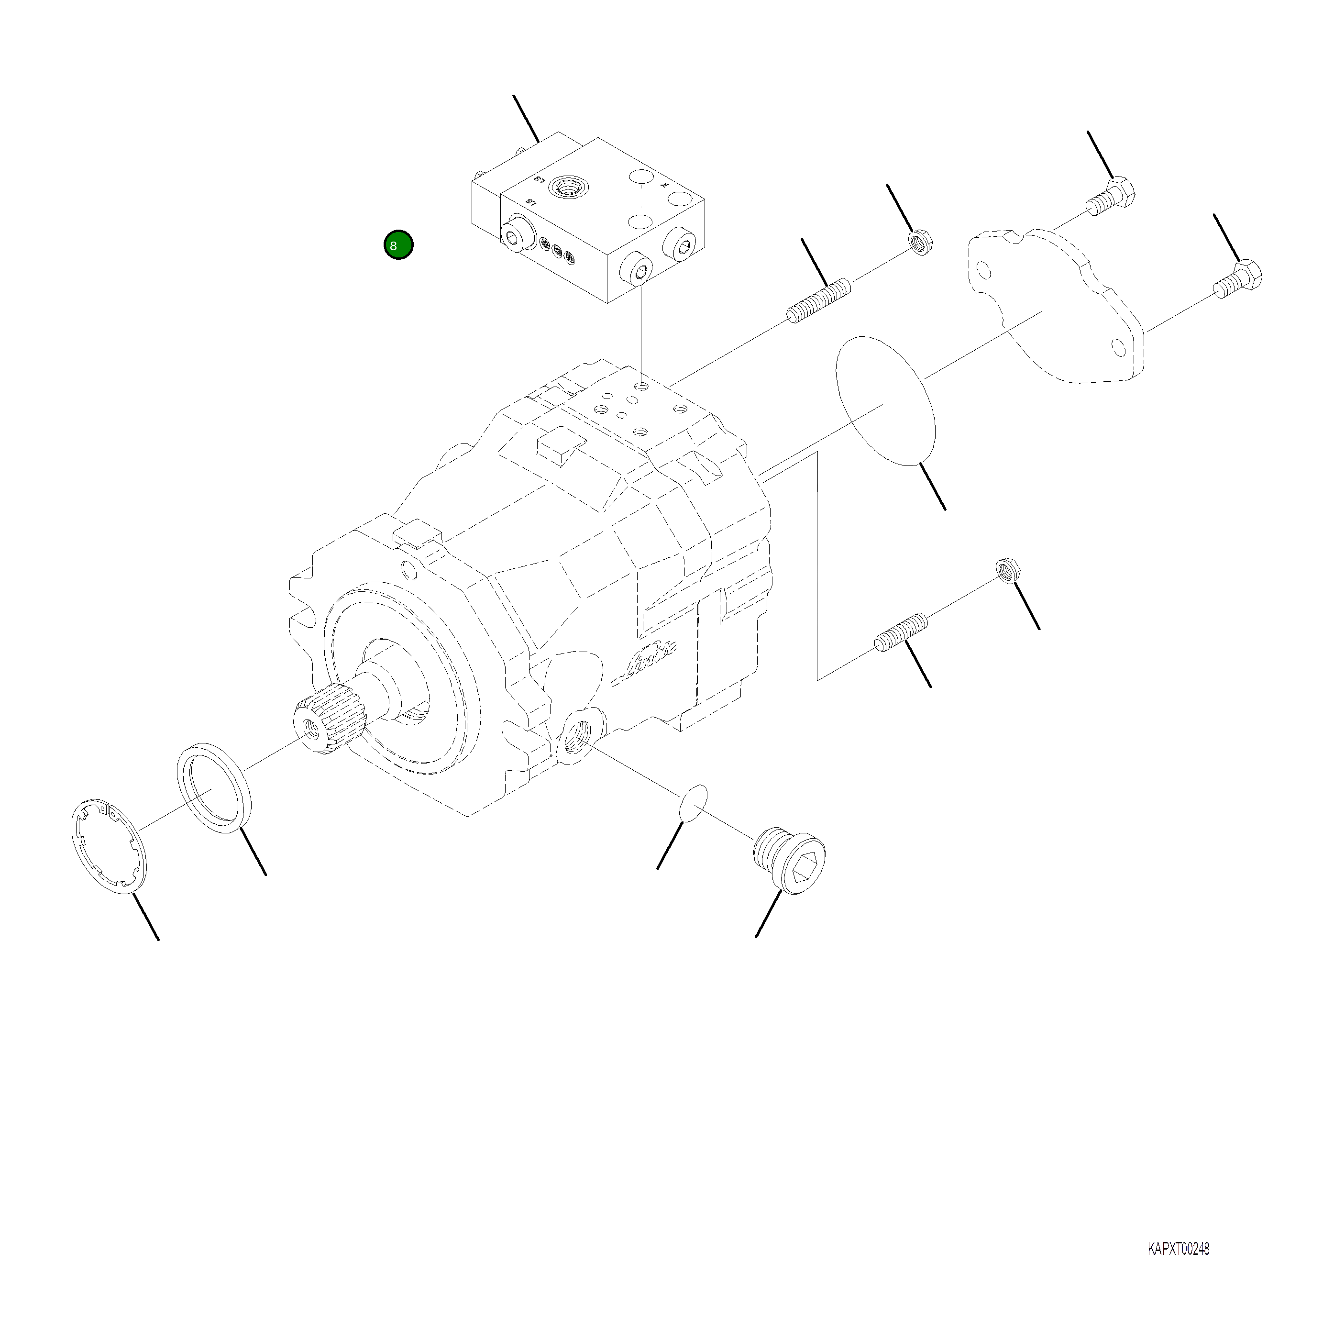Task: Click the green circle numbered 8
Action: [398, 245]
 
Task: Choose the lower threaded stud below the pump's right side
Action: [901, 632]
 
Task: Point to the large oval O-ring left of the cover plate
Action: [886, 400]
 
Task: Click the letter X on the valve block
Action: [665, 185]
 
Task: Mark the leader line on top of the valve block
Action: [526, 119]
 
